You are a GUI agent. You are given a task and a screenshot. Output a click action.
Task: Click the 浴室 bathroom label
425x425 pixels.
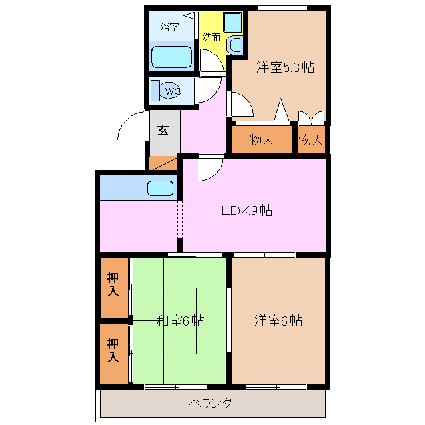[169, 27]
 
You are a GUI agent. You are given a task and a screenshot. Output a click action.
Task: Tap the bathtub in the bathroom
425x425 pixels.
[172, 57]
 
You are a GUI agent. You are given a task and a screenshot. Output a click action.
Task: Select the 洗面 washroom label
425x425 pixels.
[211, 37]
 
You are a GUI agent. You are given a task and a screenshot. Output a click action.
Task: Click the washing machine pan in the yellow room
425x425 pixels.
[232, 22]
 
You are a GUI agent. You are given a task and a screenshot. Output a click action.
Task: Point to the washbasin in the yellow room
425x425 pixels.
[235, 45]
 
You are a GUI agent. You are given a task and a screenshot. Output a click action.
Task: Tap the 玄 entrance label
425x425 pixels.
[163, 130]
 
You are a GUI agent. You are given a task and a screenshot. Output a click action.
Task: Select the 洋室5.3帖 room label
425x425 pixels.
[285, 67]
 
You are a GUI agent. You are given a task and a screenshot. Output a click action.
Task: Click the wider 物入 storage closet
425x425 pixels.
[262, 140]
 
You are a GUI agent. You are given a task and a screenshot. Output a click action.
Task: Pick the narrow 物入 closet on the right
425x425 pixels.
[311, 140]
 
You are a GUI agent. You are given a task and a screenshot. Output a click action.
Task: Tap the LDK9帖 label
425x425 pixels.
[247, 211]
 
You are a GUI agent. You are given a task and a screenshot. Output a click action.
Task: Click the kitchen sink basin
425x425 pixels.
[160, 188]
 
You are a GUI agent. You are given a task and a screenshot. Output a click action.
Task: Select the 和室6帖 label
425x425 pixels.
[181, 321]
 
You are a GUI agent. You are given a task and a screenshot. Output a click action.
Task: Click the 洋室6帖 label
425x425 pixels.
[278, 321]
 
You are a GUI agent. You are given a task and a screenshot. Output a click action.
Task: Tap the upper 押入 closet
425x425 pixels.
[114, 288]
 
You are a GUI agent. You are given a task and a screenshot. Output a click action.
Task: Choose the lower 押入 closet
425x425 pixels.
[114, 354]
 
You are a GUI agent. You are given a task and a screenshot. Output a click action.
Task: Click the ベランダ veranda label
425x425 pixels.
[211, 403]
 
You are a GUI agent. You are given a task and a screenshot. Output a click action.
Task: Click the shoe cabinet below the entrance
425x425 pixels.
[163, 163]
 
